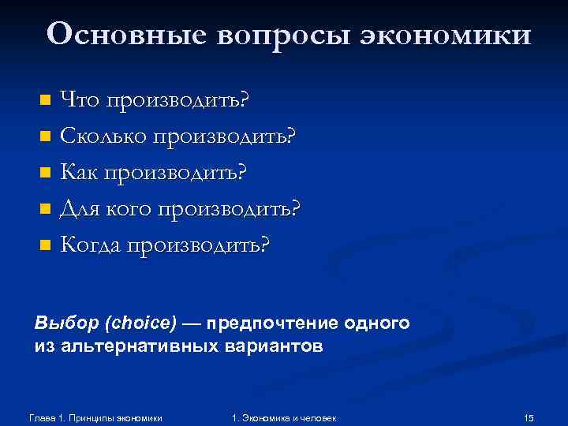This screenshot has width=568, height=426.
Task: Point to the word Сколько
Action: (103, 136)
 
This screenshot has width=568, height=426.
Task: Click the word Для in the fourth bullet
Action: (81, 208)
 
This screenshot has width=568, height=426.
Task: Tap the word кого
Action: (131, 208)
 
